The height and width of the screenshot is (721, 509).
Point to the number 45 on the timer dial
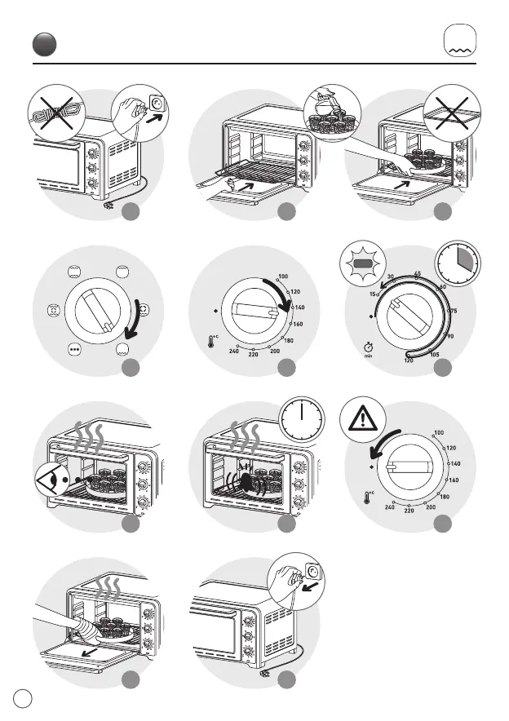pyautogui.click(x=417, y=273)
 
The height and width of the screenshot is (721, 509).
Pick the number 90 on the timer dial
pyautogui.click(x=449, y=335)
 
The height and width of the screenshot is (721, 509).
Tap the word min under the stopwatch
pyautogui.click(x=368, y=356)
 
